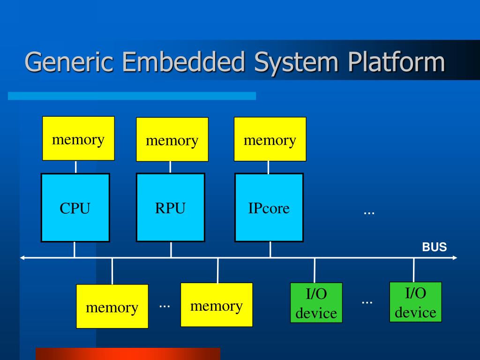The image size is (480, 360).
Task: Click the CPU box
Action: (x=75, y=208)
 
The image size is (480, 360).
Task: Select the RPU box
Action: (x=170, y=207)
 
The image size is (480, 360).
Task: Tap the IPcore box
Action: (x=269, y=207)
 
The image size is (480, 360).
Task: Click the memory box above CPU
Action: (x=78, y=138)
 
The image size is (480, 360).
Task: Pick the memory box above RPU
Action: (x=172, y=140)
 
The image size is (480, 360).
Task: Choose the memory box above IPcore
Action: (x=270, y=139)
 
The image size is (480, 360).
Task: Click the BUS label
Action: (x=435, y=247)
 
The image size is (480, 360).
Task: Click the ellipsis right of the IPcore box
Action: (x=369, y=212)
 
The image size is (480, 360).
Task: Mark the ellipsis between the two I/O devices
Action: (x=367, y=302)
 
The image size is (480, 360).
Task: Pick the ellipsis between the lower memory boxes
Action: (x=164, y=305)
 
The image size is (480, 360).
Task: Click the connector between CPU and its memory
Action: (x=76, y=167)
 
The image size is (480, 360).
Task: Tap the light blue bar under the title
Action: (x=132, y=96)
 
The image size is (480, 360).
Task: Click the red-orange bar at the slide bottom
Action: (x=127, y=353)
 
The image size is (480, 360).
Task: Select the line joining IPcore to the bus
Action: (x=270, y=249)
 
